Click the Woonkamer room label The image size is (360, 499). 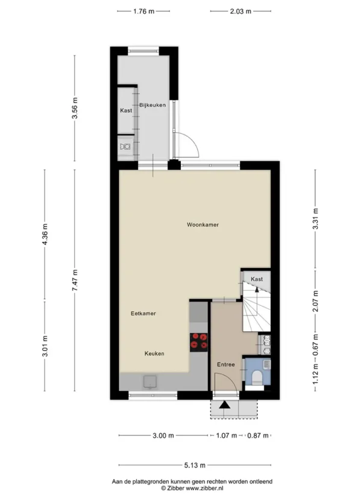(203, 224)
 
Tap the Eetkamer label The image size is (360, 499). (143, 314)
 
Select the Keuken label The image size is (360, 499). (154, 354)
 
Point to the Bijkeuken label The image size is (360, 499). (153, 105)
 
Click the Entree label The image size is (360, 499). (226, 364)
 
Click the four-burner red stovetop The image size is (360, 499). (199, 342)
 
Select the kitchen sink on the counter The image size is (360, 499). (150, 382)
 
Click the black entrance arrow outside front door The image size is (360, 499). (224, 404)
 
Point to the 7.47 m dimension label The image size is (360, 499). (75, 281)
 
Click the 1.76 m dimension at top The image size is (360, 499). (144, 11)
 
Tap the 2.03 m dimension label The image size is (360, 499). (241, 11)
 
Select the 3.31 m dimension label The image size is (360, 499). (315, 218)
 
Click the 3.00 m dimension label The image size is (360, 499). (163, 436)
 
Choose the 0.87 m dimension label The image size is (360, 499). (258, 436)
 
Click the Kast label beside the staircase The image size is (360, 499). (257, 279)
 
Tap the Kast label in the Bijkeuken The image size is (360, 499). (126, 111)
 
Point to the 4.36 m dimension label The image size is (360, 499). (45, 234)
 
